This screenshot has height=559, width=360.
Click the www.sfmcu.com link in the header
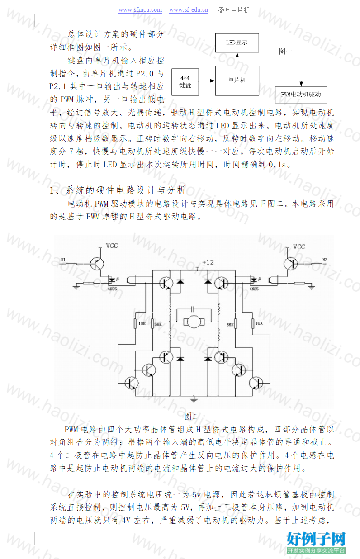coord(140,10)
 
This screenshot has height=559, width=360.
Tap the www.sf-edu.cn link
coord(188,10)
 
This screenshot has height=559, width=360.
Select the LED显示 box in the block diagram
coord(237,43)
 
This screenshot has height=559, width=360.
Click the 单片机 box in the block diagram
coord(237,81)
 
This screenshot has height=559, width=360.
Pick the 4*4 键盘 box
coord(185,82)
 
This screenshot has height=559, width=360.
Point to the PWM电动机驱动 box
coord(301,95)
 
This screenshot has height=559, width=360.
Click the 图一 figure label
coord(286,52)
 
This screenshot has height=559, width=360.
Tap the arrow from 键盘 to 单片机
coord(207,81)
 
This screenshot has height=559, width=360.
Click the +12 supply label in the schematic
coord(208,262)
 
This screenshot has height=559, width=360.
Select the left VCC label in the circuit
coord(112,246)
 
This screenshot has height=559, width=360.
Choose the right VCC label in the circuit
coord(299,247)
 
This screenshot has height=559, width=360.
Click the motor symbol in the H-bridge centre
coord(194,322)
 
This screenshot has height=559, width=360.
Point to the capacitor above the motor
coord(192,309)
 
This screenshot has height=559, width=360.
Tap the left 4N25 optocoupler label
coord(112,289)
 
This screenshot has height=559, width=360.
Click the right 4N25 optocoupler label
coord(254,289)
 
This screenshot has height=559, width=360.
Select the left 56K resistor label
coord(158,324)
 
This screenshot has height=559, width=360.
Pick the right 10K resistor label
coord(259,323)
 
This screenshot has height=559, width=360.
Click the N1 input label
coord(63,260)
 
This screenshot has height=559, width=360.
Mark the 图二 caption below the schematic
coord(192,416)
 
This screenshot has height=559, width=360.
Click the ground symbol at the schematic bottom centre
coord(194,399)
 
